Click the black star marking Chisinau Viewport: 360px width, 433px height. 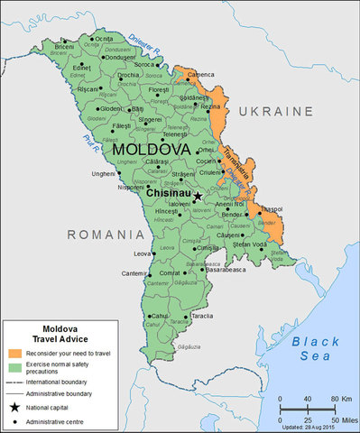(x=198, y=195)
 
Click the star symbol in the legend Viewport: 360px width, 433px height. (x=15, y=409)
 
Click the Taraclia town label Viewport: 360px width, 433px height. (x=203, y=317)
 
